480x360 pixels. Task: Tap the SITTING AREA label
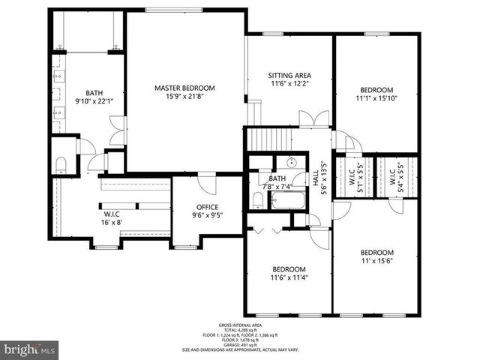(289, 76)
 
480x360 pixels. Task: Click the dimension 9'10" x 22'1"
(93, 100)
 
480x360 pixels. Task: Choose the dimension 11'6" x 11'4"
(289, 278)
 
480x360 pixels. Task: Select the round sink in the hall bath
(292, 163)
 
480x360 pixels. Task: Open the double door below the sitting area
(313, 118)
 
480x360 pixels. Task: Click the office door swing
(205, 182)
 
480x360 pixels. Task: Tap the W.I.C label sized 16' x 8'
(112, 217)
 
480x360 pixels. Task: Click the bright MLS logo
(30, 349)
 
